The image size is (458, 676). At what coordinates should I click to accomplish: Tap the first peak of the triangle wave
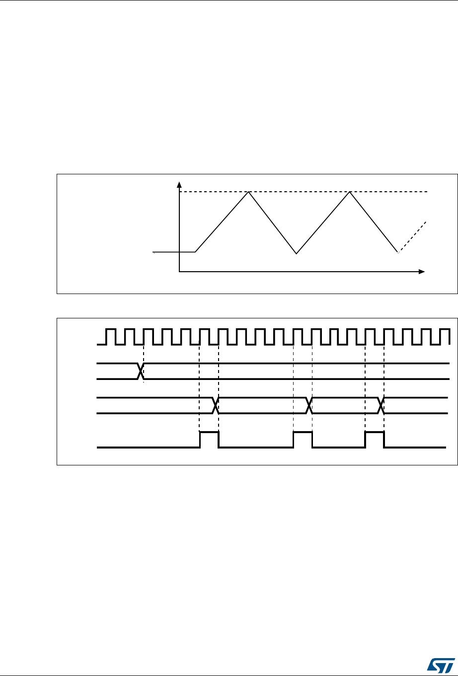pos(248,192)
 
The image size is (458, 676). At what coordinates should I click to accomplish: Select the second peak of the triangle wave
pos(350,192)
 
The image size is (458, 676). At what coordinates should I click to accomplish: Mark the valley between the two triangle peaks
pos(297,253)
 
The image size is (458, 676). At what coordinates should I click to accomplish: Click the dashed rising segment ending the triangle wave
pos(412,237)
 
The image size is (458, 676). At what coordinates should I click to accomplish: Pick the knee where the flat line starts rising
pos(196,252)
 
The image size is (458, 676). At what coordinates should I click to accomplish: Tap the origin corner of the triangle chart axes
pos(179,272)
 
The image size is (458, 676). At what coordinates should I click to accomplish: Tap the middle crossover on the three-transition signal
pos(309,405)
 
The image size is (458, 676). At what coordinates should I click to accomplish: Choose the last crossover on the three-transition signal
pos(382,405)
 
